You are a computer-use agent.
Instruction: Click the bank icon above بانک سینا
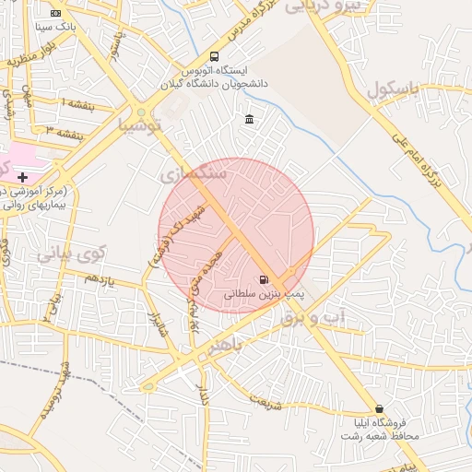55,13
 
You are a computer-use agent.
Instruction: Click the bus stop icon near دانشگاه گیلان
214,56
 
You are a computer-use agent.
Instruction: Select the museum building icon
250,119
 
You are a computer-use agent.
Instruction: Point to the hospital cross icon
23,176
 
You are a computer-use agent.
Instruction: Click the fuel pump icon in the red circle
265,279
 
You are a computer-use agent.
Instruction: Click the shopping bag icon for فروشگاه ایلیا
379,408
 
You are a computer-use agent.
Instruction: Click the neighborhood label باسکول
392,91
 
